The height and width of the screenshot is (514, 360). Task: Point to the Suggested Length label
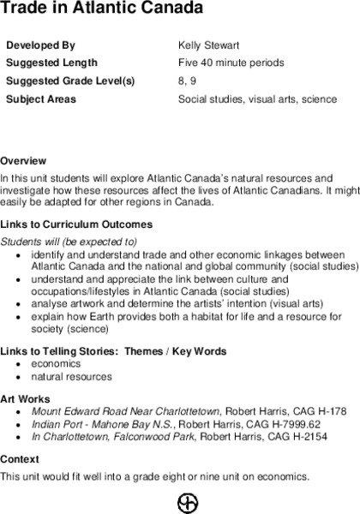coord(51,63)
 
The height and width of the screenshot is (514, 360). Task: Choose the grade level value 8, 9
coord(186,81)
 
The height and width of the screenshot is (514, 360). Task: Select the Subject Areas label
coord(41,99)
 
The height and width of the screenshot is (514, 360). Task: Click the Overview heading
coord(23,161)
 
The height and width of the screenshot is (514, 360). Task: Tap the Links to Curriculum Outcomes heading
coord(76,224)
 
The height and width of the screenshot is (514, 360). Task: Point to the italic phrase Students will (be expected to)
coord(69,242)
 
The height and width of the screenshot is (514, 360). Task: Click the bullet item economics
coord(57,364)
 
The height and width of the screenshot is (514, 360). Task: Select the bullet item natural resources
coord(71,377)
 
